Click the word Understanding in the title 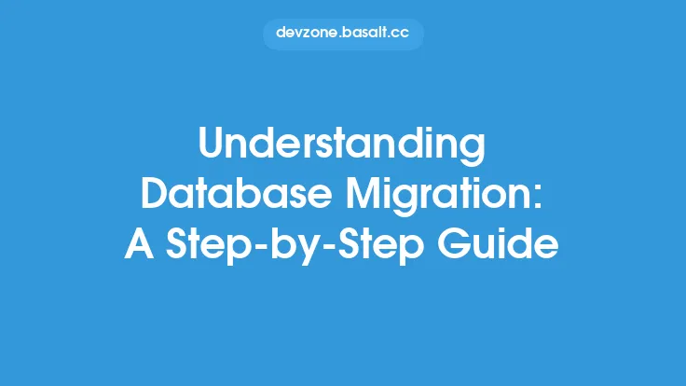point(343,146)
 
